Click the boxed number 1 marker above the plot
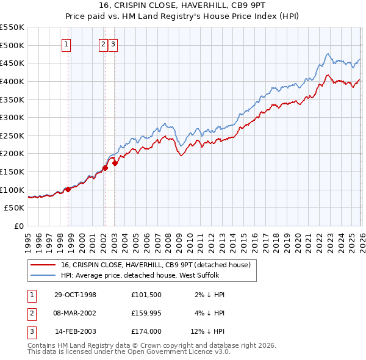(66, 44)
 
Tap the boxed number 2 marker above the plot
(104, 44)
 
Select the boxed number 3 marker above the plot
(114, 44)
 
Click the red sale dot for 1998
(68, 189)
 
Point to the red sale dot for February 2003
(115, 163)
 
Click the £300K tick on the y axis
(12, 117)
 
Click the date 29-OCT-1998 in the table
(75, 295)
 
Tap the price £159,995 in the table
(145, 313)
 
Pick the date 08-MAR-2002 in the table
(75, 313)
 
